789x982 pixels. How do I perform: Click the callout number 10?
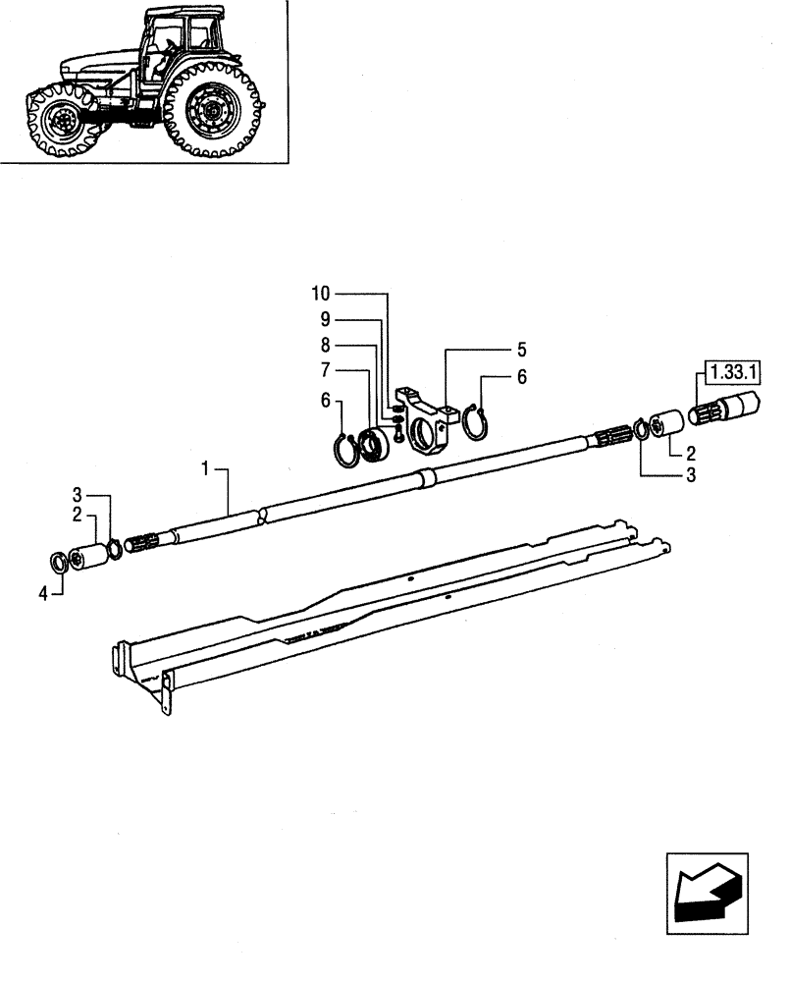pos(322,294)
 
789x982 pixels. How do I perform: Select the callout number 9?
pos(325,319)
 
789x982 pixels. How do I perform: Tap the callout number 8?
pos(325,345)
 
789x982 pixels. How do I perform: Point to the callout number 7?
pos(325,370)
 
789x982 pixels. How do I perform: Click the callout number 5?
pos(521,349)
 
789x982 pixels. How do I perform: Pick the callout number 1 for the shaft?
pos(206,470)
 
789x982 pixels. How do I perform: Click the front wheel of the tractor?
pos(62,123)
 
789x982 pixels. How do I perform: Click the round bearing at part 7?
pos(375,444)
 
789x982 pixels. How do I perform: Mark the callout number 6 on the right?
pos(521,376)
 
